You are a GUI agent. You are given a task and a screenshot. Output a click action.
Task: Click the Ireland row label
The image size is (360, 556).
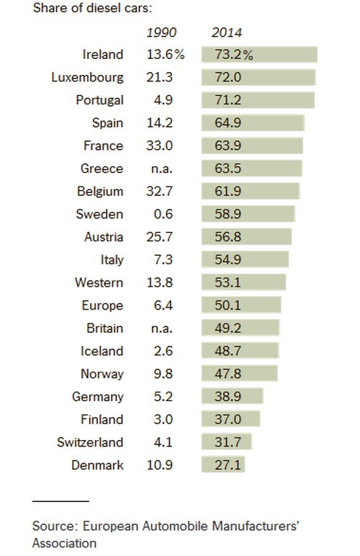(x=103, y=55)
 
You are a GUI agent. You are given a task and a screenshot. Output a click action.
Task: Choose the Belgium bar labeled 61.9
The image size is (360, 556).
(x=251, y=192)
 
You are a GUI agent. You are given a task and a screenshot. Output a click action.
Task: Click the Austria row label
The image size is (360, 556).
(x=103, y=237)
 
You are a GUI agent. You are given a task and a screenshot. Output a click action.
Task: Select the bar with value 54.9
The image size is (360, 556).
(x=246, y=259)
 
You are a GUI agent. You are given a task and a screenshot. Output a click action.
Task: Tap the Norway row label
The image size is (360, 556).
(x=102, y=374)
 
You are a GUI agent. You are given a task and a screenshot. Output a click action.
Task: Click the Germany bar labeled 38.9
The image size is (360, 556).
(x=233, y=397)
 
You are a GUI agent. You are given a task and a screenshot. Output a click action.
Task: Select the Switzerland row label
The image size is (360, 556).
(x=90, y=442)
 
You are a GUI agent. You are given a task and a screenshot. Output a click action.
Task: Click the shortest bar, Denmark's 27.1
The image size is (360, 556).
(x=223, y=465)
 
